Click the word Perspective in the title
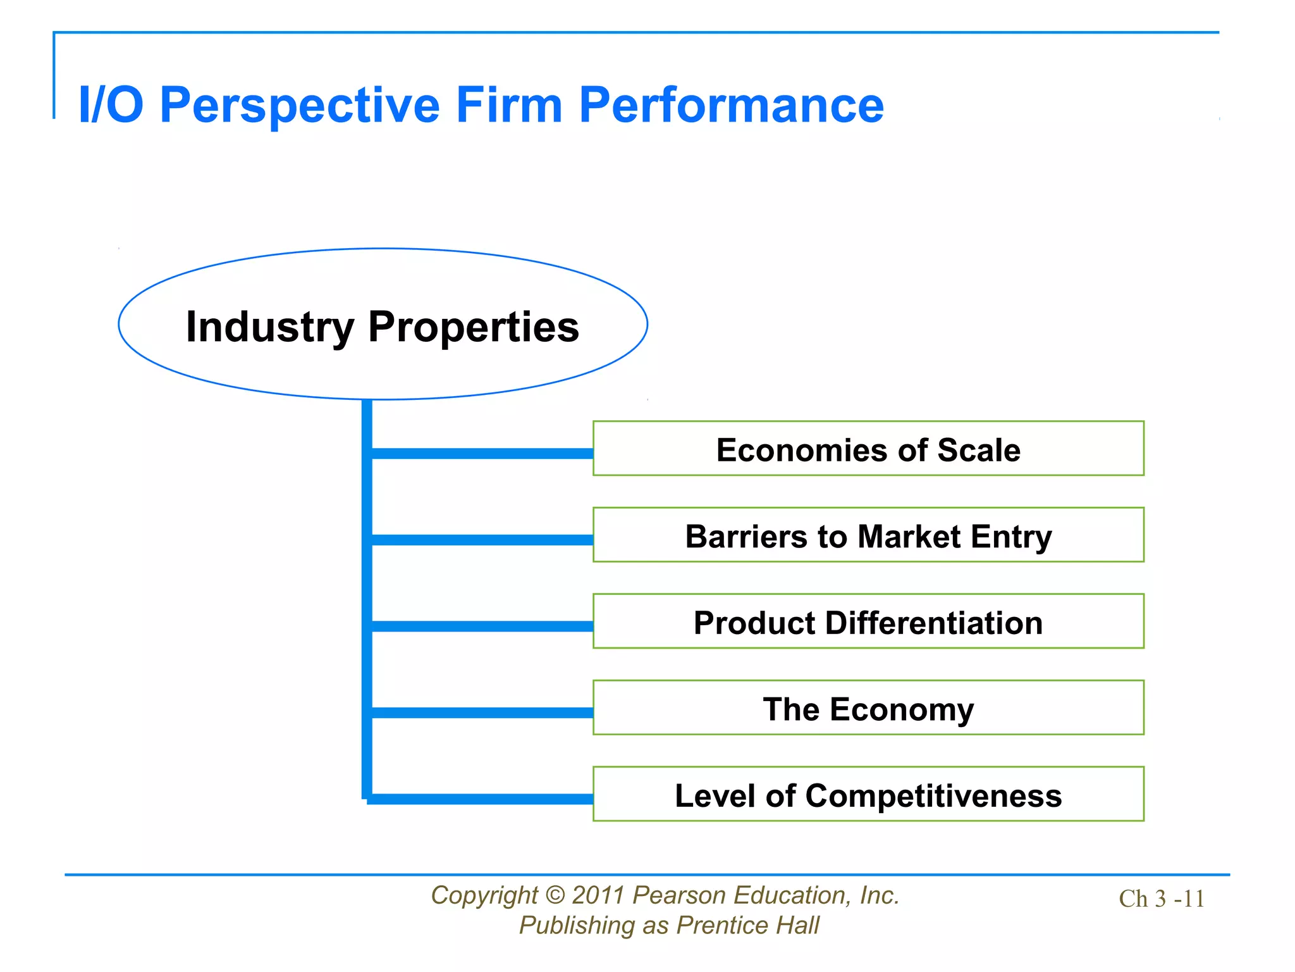(300, 105)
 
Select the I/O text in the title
(111, 105)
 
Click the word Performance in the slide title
(731, 105)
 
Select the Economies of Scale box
(868, 449)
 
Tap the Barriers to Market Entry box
(868, 535)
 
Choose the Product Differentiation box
(868, 622)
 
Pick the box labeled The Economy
(868, 708)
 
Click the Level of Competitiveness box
(868, 795)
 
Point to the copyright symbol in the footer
(555, 895)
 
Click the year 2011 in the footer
(598, 895)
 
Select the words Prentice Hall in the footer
(747, 925)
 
